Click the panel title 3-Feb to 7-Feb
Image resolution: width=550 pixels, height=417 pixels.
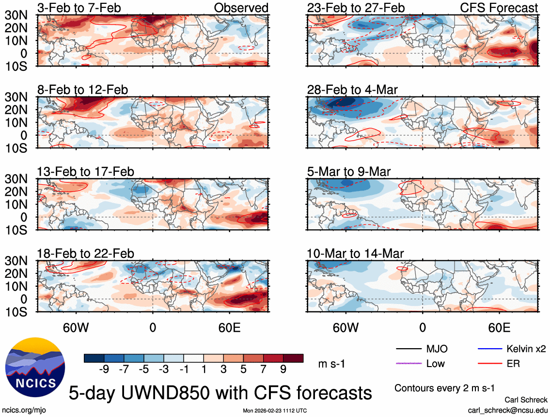coord(79,8)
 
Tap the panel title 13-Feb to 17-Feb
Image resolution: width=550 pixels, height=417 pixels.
coord(86,172)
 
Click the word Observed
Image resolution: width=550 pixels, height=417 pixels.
coord(241,8)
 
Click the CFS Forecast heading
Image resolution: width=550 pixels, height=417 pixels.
coord(499,8)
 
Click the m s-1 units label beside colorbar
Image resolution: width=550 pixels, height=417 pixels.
coord(331,363)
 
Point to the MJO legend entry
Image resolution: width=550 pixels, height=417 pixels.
coord(437,349)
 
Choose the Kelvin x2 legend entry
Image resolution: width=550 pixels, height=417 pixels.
coord(526,349)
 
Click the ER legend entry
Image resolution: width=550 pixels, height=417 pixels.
coord(513,363)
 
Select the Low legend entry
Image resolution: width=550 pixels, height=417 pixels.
coord(435,363)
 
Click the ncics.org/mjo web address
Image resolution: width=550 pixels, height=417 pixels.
coord(23,410)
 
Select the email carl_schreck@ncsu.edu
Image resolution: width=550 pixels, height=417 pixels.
coord(508,410)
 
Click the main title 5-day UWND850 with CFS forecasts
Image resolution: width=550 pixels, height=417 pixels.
coord(220,392)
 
